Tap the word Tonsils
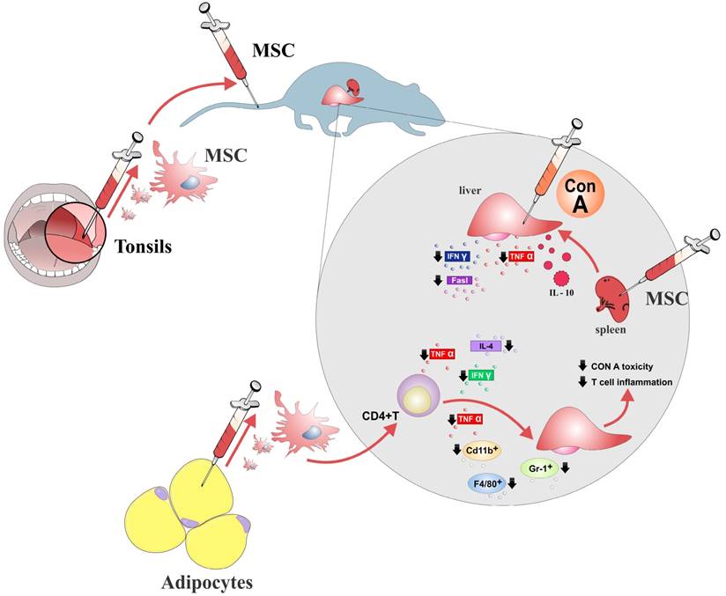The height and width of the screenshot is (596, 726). point(144,246)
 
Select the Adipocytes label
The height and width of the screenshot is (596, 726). point(212,582)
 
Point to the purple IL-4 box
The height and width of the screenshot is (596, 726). point(485,347)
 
